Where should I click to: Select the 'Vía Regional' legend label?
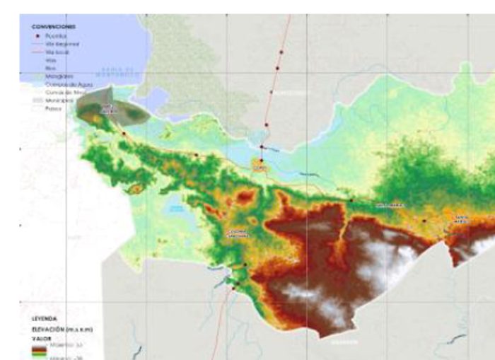(62, 44)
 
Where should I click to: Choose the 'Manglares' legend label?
(59, 76)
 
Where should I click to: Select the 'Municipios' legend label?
(59, 100)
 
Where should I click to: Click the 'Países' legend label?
(54, 108)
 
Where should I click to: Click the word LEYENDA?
(44, 318)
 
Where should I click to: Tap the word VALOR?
(41, 338)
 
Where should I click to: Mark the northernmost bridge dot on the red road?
(281, 52)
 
